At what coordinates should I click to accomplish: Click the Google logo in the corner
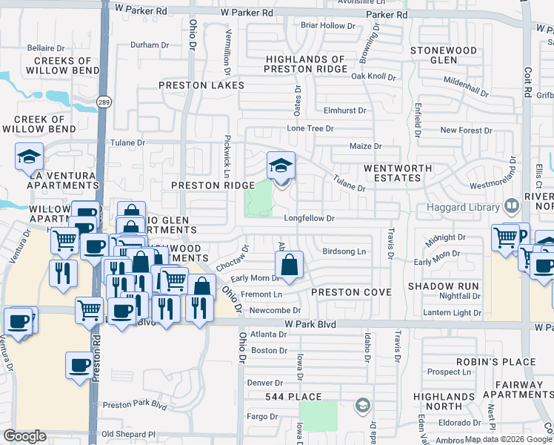25,436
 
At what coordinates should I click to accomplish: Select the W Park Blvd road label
310,325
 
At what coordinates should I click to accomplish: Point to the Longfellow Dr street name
310,219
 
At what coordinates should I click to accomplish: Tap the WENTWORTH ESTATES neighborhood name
397,174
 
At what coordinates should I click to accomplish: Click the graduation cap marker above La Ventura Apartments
29,155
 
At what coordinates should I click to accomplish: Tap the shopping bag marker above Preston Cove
289,264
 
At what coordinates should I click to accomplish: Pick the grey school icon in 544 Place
361,405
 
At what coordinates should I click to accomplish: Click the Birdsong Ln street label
344,252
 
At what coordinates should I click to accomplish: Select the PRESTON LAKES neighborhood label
201,85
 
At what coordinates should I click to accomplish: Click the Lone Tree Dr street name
310,128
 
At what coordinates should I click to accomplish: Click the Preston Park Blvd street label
135,405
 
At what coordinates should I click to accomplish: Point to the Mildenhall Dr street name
466,85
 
